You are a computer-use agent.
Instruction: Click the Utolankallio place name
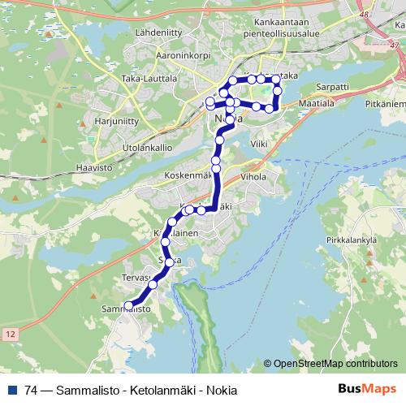(x=146, y=148)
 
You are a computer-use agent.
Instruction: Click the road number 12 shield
(x=10, y=334)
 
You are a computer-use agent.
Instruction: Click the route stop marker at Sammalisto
(x=128, y=305)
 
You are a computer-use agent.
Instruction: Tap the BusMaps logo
(x=366, y=390)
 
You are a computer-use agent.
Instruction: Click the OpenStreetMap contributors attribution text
(x=335, y=364)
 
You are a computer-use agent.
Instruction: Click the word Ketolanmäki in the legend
(x=158, y=390)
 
